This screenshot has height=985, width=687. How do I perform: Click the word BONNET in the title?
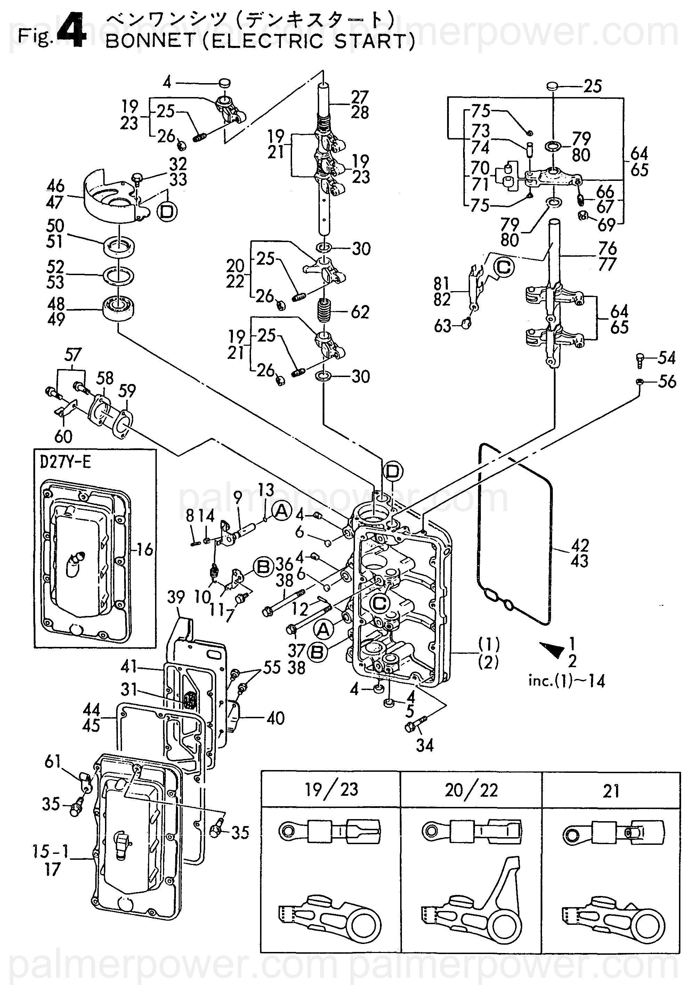click(x=150, y=42)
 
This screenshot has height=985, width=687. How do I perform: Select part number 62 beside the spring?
click(x=360, y=312)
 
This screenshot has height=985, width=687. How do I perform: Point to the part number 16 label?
click(x=145, y=549)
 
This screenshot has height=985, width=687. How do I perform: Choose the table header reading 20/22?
click(x=471, y=790)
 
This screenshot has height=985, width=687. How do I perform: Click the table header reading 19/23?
click(x=331, y=790)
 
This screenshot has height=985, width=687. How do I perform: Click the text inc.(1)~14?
click(x=566, y=681)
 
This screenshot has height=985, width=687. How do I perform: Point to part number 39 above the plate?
click(x=176, y=597)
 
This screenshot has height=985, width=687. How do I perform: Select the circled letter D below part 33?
click(x=167, y=211)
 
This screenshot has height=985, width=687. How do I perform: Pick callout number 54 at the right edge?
click(x=666, y=358)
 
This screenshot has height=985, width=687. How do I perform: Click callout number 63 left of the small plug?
click(x=443, y=326)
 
